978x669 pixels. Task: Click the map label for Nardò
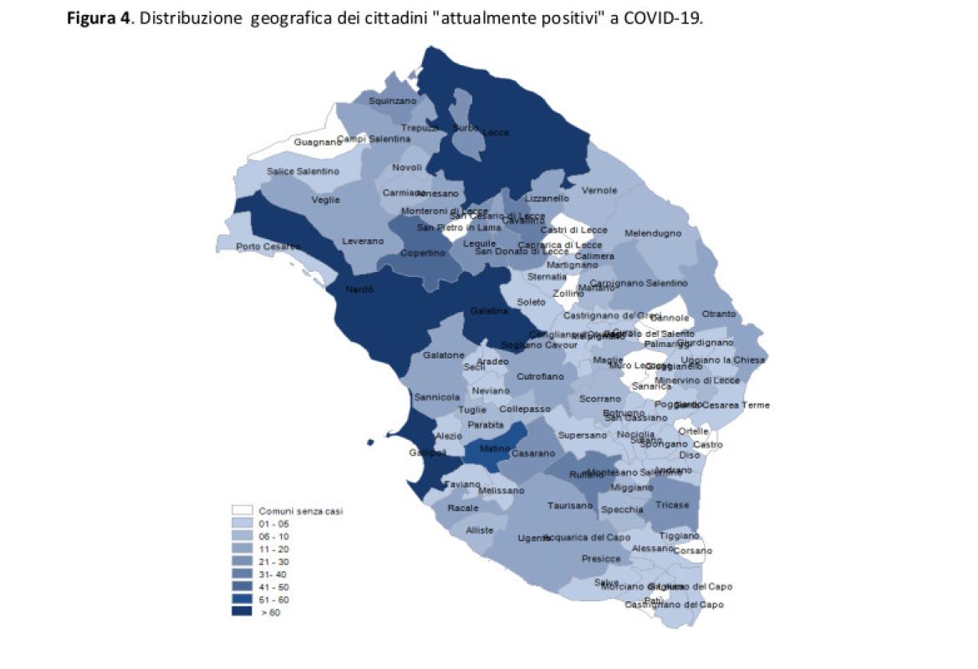tap(360, 289)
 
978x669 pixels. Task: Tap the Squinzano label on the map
tap(392, 100)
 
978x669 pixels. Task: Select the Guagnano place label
tap(318, 142)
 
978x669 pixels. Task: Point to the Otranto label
tap(719, 314)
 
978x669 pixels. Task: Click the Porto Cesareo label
tap(267, 247)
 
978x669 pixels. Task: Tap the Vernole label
tap(599, 190)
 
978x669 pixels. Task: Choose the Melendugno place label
tap(653, 233)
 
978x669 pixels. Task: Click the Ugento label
tap(533, 538)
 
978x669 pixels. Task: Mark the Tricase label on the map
tap(672, 504)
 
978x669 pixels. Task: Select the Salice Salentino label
tap(303, 171)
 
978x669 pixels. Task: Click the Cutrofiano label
tap(540, 377)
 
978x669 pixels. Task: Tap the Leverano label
tap(363, 241)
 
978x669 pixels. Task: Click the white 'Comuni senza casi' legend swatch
tap(242, 510)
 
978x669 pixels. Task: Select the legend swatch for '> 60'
tap(242, 611)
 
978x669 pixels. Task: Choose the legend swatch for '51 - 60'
tap(242, 599)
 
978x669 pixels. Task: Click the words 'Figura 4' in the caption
tap(99, 18)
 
